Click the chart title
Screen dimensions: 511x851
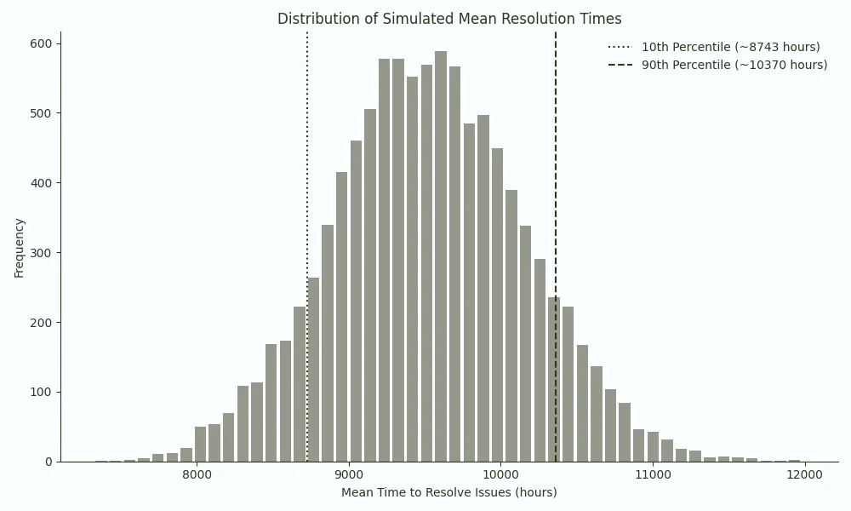[449, 19]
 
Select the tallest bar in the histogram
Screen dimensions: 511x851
[441, 255]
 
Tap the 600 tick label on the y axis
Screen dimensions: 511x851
[42, 43]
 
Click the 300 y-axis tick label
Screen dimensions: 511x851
[42, 253]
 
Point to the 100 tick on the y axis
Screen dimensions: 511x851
[42, 392]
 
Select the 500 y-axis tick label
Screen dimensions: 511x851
[42, 113]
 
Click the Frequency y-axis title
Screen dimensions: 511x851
[20, 247]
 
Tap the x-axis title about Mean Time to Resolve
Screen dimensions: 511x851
[449, 492]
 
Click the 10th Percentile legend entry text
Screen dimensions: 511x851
[730, 47]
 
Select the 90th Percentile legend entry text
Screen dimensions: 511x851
[734, 65]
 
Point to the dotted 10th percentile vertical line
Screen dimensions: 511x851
[307, 170]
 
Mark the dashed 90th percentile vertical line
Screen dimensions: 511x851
[556, 170]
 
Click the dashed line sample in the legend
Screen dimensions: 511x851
[620, 65]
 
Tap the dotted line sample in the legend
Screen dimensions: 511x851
[620, 47]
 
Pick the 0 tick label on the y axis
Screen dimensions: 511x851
[49, 462]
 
